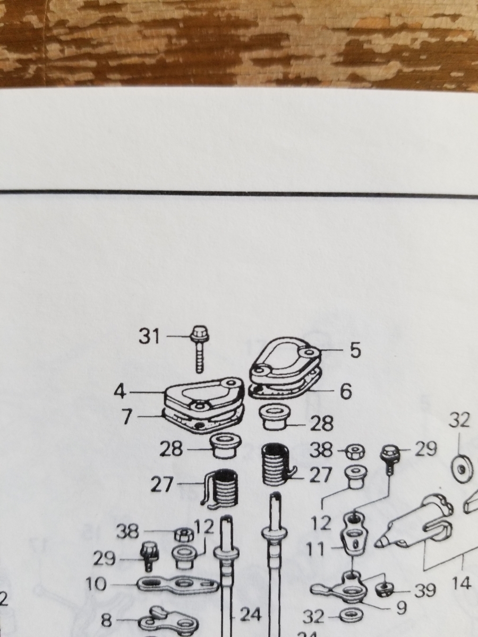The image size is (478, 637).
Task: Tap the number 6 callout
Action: click(x=346, y=391)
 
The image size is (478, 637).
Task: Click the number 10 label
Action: click(x=96, y=584)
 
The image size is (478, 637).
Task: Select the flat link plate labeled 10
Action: click(x=178, y=585)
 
